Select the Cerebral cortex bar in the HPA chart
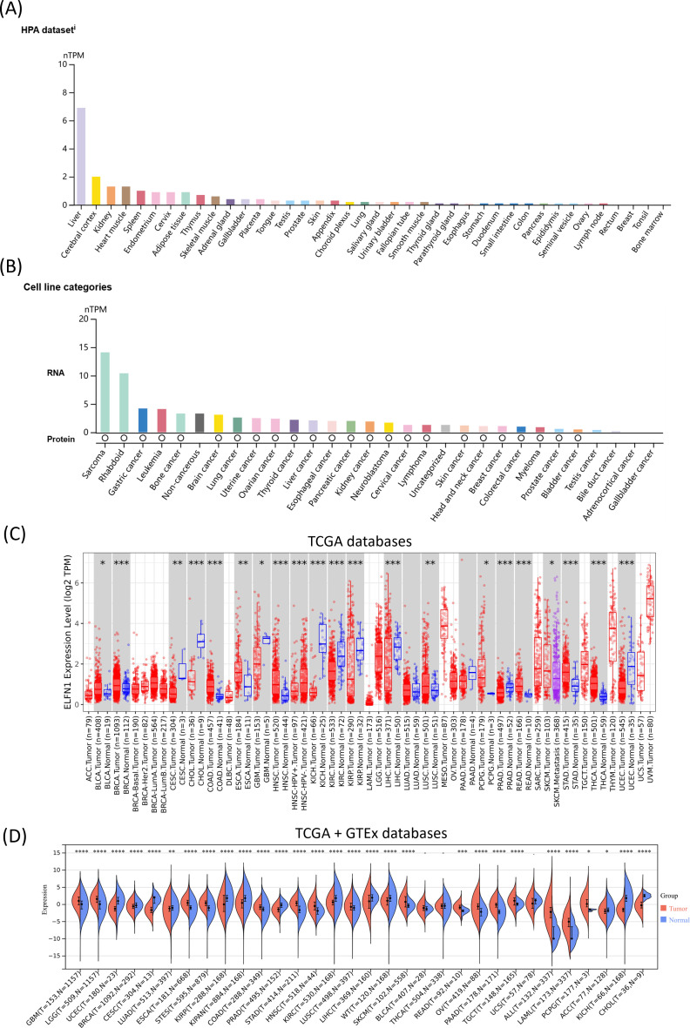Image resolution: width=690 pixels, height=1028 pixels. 96,191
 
